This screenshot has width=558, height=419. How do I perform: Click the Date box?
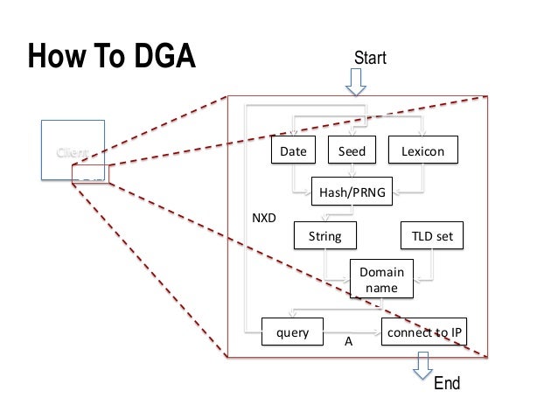point(293,152)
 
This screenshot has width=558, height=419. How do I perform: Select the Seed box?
point(352,152)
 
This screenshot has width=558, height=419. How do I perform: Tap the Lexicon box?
point(422,152)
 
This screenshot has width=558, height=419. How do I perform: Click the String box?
point(324,235)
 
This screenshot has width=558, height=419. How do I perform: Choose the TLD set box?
point(432,235)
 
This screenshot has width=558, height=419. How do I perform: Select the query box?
point(293,332)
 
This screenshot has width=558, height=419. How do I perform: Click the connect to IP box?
point(422,332)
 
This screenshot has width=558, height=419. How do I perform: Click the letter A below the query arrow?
point(348,345)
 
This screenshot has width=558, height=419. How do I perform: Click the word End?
point(447,384)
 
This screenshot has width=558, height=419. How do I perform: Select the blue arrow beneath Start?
point(357,81)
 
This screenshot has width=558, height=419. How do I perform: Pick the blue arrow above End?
point(423,364)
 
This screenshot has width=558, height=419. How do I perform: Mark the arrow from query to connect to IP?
point(352,333)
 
